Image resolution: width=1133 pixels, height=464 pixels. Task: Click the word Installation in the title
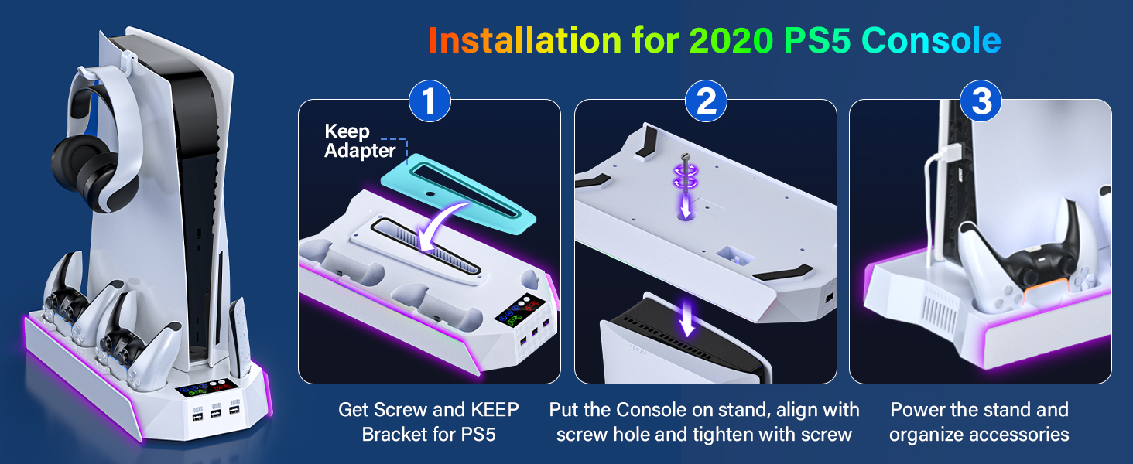click(525, 40)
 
